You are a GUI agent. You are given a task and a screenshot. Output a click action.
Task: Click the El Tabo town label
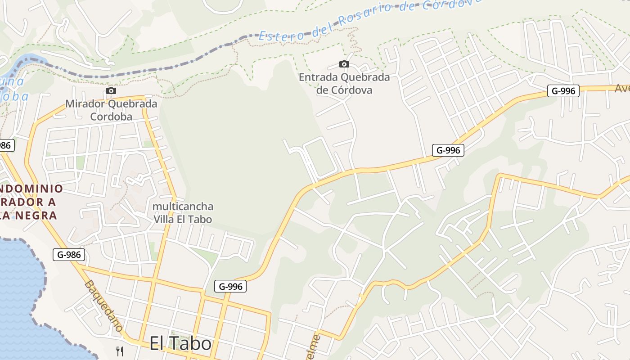[180, 344]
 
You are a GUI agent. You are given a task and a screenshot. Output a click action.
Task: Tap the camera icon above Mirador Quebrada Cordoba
[111, 91]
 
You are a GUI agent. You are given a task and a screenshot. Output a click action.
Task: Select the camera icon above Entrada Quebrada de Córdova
[344, 64]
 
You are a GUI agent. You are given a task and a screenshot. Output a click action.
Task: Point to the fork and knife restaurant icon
[120, 351]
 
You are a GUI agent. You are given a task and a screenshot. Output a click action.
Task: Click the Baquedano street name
[103, 306]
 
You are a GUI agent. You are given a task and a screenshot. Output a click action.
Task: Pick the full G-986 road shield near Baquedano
[69, 255]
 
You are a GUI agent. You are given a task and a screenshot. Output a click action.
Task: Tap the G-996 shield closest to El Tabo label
[230, 286]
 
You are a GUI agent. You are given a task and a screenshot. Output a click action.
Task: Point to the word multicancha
[183, 207]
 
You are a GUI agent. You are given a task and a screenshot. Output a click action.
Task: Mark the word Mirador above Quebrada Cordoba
[82, 104]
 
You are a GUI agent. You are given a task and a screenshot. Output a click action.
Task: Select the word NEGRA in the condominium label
[38, 215]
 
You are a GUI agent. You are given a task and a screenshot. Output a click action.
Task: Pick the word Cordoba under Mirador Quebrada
[111, 117]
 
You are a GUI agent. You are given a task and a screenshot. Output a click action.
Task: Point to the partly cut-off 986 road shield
[6, 145]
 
